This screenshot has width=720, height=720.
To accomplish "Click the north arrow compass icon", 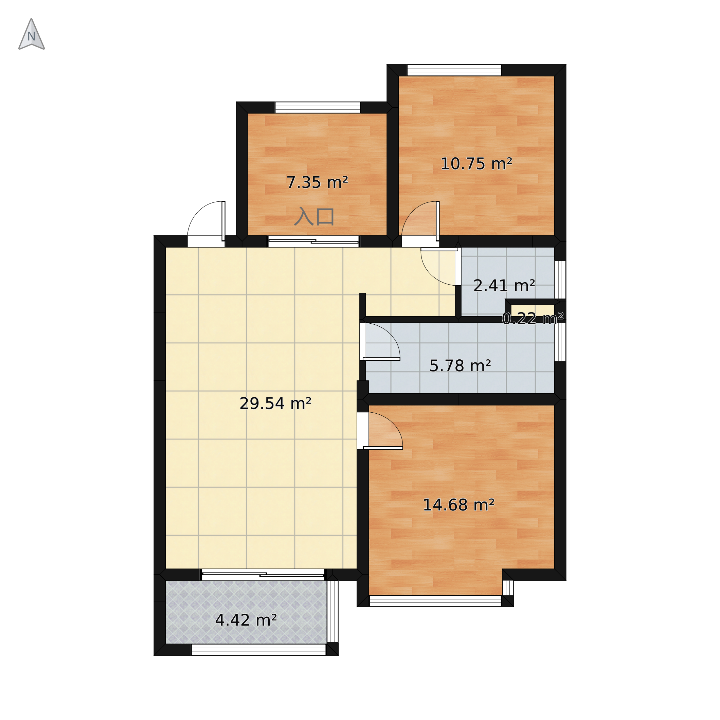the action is point(32,34).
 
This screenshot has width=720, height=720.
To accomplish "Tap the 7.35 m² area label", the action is point(317,183).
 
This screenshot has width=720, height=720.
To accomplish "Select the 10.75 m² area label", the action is point(476,164).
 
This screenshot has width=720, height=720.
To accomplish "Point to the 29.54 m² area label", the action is point(275,403).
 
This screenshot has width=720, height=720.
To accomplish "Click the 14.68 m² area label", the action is point(459,505).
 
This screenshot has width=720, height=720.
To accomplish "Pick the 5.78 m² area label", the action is point(460,366).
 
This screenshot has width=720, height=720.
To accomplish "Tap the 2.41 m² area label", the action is point(504,286).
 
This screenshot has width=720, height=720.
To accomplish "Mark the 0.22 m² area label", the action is point(533,319).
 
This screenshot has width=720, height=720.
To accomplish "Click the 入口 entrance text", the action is point(314,217).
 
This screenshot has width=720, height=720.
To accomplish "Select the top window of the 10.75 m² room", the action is point(454,70).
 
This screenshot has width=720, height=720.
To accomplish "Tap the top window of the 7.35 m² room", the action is point(318,107).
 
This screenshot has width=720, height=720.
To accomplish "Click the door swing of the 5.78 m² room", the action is point(382,342).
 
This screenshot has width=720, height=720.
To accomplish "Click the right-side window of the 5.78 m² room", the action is point(560,342).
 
